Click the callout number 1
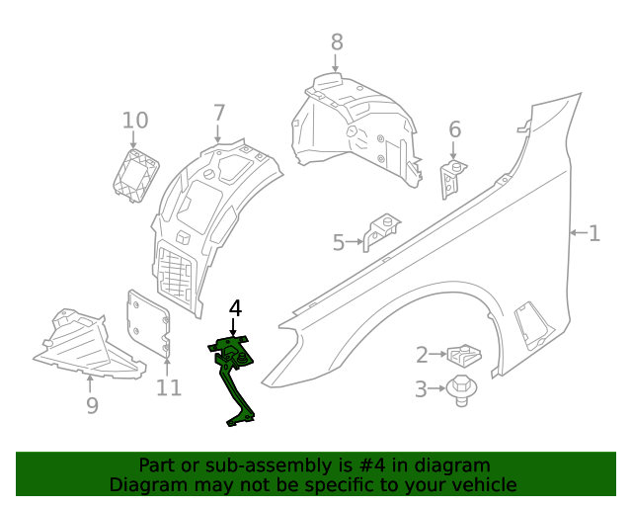594,234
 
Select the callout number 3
422,389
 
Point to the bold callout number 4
234,309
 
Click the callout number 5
338,242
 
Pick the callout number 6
454,129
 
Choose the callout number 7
218,114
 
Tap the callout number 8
337,42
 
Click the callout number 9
92,405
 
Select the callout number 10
135,121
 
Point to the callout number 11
169,387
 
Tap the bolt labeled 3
458,389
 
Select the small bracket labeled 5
380,233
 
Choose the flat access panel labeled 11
149,321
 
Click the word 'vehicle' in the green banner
482,484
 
